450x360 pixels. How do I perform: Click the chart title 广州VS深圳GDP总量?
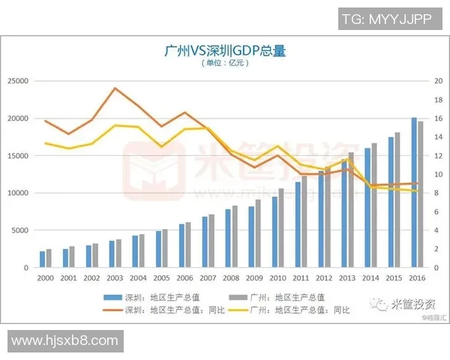pos(225,50)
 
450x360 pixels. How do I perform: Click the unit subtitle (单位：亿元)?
pos(225,63)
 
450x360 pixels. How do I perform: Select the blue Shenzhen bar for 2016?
pos(413,193)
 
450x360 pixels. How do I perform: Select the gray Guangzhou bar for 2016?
pos(420,194)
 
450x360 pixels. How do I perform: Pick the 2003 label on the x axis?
pos(115,277)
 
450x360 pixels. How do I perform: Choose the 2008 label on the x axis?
pos(231,277)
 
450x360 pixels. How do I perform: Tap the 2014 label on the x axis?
pos(370,277)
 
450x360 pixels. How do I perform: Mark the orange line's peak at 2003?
pos(115,88)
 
